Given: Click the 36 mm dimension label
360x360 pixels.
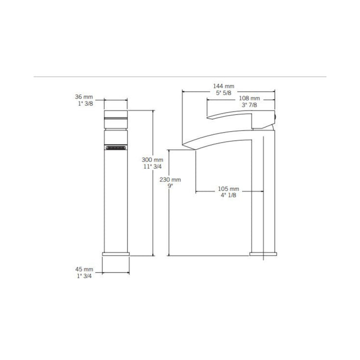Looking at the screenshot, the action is coord(84,97).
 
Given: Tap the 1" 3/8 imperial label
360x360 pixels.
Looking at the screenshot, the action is coord(85,103).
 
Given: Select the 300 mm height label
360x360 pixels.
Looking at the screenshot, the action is coord(152,159).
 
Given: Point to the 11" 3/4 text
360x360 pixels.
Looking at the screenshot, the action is coord(152,167).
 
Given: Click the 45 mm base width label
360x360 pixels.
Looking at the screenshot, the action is coord(84,269).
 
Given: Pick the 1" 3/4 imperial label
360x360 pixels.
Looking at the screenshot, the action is coord(84,276).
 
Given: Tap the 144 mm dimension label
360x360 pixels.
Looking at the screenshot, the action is coord(224,86).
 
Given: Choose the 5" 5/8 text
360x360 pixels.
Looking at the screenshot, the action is coord(223,93).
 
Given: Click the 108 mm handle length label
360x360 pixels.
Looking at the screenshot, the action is coord(249,98).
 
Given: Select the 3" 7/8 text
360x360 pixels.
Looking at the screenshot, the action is coord(249,105).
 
